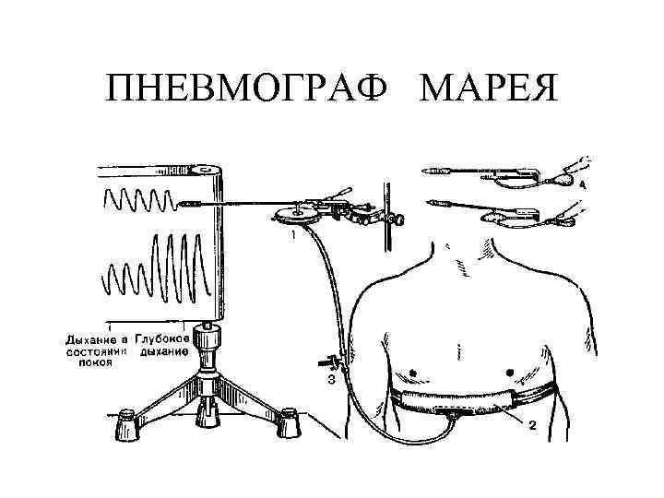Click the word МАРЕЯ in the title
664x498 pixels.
(x=488, y=90)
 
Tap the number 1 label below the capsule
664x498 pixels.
(x=293, y=236)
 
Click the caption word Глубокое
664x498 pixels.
(x=162, y=338)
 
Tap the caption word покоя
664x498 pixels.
(x=95, y=362)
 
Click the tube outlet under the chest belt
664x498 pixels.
(x=454, y=414)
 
